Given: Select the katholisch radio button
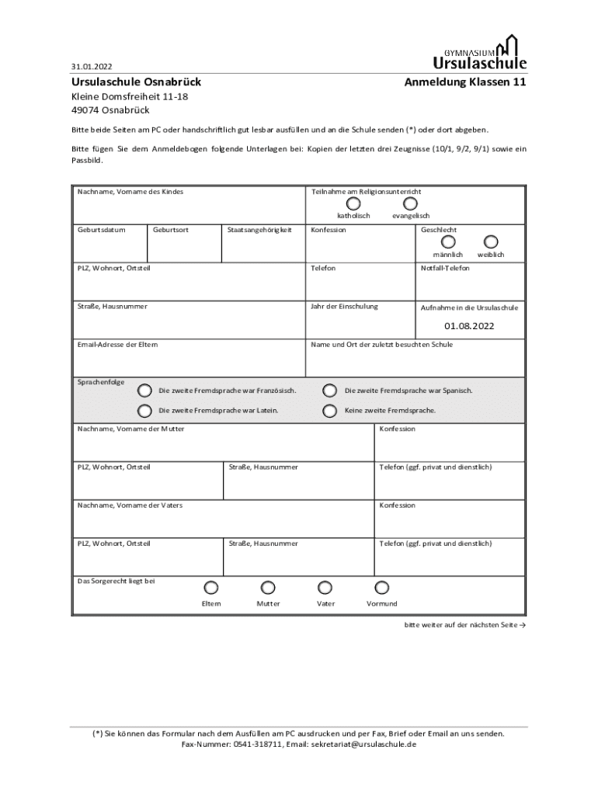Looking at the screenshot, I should tap(353, 203).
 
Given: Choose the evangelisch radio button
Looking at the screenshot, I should tap(411, 203).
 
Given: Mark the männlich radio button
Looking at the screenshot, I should tap(448, 242).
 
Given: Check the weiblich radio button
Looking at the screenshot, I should tap(491, 242).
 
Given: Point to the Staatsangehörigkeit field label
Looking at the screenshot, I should tap(259, 230).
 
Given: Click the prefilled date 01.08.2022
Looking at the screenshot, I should tap(469, 325).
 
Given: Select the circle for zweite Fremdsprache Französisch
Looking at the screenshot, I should tap(144, 391).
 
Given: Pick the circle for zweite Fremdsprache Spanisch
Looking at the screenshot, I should tap(330, 391).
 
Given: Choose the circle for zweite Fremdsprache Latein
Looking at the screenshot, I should tap(144, 411).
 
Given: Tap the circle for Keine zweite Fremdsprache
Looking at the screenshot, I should tap(330, 411).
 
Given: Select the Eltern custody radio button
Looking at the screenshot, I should tap(211, 588).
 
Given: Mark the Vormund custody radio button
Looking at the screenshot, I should tap(381, 588).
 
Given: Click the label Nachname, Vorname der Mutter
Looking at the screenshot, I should tap(130, 429).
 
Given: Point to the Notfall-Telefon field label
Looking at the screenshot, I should tap(445, 268).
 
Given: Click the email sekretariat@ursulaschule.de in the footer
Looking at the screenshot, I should tap(363, 744).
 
